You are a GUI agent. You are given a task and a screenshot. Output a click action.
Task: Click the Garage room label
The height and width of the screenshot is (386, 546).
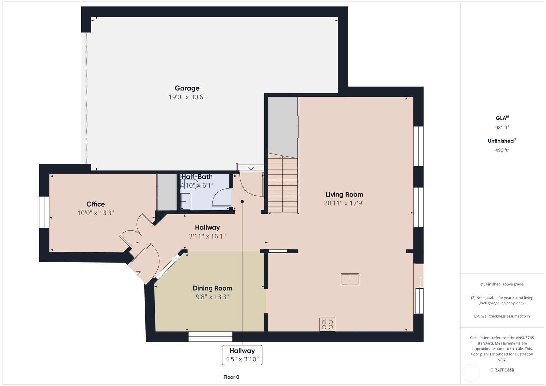(x=187, y=88)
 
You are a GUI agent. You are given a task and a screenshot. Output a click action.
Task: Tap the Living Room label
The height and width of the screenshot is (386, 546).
(x=344, y=194)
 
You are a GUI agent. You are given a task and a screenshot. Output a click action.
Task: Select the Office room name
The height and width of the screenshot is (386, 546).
(x=95, y=204)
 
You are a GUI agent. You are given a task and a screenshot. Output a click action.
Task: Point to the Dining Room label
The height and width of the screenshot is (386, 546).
(x=212, y=288)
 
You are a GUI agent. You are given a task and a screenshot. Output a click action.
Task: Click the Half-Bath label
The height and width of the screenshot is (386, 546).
(x=197, y=176)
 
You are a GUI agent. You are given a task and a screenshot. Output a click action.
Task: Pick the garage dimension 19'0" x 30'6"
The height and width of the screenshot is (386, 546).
(x=187, y=97)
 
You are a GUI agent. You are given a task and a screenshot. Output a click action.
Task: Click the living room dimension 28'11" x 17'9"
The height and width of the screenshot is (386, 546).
(x=344, y=203)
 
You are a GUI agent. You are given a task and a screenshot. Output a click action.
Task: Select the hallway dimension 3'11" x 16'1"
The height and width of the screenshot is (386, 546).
(x=207, y=236)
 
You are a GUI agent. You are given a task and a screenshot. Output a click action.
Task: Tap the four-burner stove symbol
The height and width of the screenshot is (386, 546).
(x=327, y=324)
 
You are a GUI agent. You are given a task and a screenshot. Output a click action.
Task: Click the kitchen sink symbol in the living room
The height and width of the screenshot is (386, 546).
(x=350, y=279)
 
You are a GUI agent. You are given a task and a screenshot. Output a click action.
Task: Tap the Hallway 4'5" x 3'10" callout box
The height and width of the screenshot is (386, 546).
(x=242, y=355)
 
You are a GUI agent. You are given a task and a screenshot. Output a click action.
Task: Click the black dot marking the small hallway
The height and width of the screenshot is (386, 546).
(x=242, y=201)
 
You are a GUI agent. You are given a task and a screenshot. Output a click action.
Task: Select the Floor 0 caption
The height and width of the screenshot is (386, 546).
(x=231, y=377)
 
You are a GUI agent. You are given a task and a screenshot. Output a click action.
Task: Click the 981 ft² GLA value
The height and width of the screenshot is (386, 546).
(x=502, y=127)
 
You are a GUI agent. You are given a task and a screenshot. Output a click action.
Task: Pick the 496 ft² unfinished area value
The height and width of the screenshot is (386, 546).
(x=502, y=150)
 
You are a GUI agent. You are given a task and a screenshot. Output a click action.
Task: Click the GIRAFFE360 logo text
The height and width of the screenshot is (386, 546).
(x=502, y=370)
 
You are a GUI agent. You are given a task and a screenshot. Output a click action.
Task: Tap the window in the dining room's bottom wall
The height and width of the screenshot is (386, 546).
(x=211, y=337)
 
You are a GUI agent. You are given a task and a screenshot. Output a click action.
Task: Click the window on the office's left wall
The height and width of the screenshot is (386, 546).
(x=44, y=212)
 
